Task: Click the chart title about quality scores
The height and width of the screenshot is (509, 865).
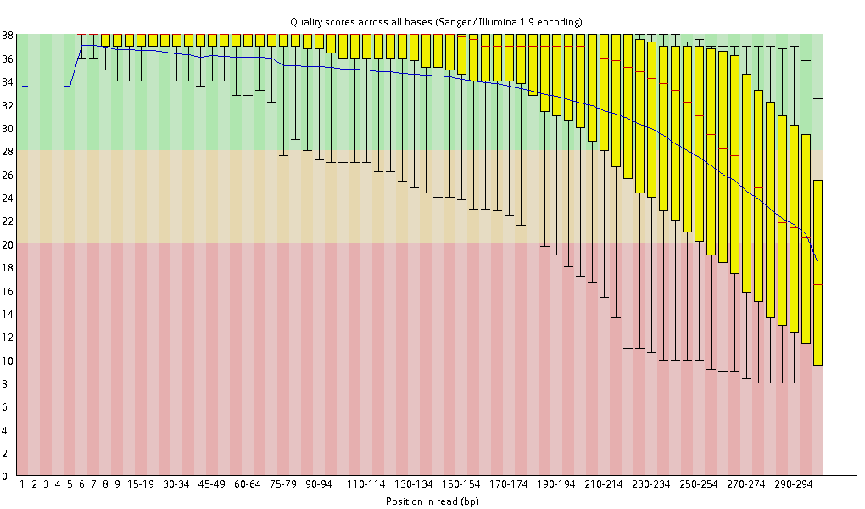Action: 436,22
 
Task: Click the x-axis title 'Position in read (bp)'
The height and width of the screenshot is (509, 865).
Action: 432,501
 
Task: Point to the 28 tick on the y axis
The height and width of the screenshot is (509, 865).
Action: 8,151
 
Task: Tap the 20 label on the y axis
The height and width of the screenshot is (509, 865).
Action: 8,244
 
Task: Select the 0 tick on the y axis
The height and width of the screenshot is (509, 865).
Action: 5,476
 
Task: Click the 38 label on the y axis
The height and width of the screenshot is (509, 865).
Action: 8,35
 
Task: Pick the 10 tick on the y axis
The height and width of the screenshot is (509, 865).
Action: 8,360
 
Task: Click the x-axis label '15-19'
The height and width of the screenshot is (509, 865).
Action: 140,484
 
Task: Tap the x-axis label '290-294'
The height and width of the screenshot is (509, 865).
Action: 793,484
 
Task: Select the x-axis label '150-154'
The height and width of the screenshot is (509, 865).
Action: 460,484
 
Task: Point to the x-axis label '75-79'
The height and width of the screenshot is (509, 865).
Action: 283,484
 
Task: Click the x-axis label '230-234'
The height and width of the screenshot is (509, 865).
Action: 651,484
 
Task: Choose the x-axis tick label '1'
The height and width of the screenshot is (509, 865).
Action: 22,484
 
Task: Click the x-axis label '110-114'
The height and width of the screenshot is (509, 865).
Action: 366,484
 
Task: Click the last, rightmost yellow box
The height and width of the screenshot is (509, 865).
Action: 818,272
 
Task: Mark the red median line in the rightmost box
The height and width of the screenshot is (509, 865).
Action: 818,284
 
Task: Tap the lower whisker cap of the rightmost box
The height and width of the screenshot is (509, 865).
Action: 818,389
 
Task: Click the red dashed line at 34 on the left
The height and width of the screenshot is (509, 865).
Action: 45,81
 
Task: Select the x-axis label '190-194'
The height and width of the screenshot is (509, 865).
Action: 556,484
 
